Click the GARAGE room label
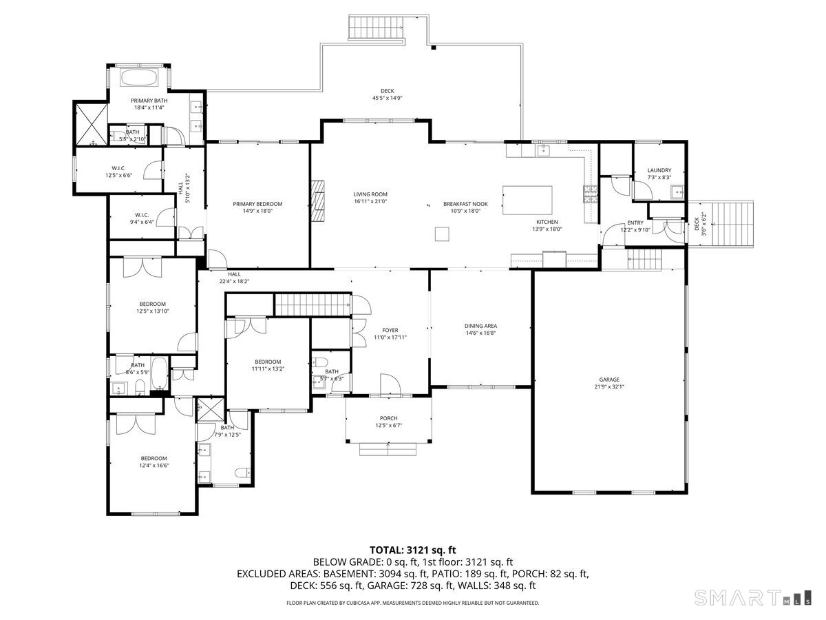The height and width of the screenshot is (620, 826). (x=609, y=380)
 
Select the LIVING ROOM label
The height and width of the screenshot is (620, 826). (x=370, y=194)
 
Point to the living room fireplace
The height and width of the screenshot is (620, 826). (x=317, y=200)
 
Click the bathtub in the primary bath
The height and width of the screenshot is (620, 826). (x=140, y=76)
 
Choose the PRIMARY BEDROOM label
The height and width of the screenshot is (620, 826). (x=257, y=204)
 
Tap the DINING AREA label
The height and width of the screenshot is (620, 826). (x=480, y=326)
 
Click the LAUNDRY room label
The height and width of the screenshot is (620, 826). (x=659, y=170)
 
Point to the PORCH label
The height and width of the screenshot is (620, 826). (x=388, y=418)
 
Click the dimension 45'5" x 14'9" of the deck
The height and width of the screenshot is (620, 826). (x=387, y=99)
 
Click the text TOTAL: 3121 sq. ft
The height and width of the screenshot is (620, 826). (x=413, y=550)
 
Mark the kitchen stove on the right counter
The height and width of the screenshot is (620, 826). (x=591, y=195)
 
